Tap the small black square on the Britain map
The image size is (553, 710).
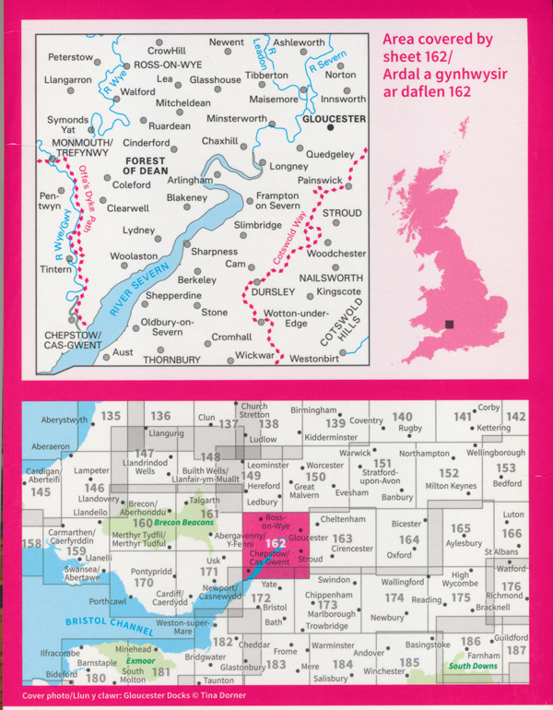(450, 324)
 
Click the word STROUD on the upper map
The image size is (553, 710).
(343, 213)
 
